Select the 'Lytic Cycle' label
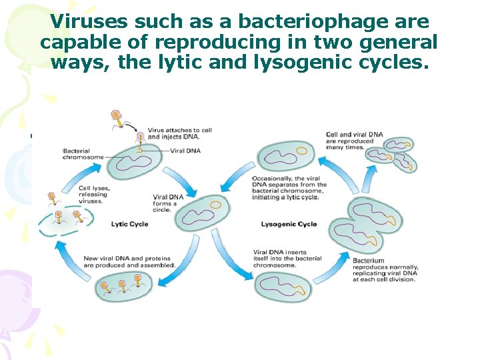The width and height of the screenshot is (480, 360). pyautogui.click(x=129, y=224)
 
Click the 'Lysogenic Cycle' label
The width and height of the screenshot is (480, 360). pyautogui.click(x=289, y=224)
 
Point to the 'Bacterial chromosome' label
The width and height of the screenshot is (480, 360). pyautogui.click(x=83, y=153)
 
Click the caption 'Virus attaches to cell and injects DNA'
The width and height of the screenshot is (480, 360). pyautogui.click(x=179, y=133)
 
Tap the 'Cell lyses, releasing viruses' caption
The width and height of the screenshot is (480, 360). pyautogui.click(x=93, y=194)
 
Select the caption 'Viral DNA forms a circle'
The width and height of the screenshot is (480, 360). pyautogui.click(x=166, y=203)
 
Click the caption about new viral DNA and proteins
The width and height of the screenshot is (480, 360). pyautogui.click(x=129, y=261)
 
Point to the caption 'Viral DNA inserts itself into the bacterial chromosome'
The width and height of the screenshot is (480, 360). pyautogui.click(x=287, y=258)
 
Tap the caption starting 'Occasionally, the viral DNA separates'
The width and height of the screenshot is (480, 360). pyautogui.click(x=289, y=187)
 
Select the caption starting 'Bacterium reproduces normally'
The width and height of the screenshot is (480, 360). pyautogui.click(x=384, y=269)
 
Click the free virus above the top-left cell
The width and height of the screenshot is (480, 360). pyautogui.click(x=117, y=118)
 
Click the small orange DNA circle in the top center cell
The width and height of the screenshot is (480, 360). pyautogui.click(x=301, y=151)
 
